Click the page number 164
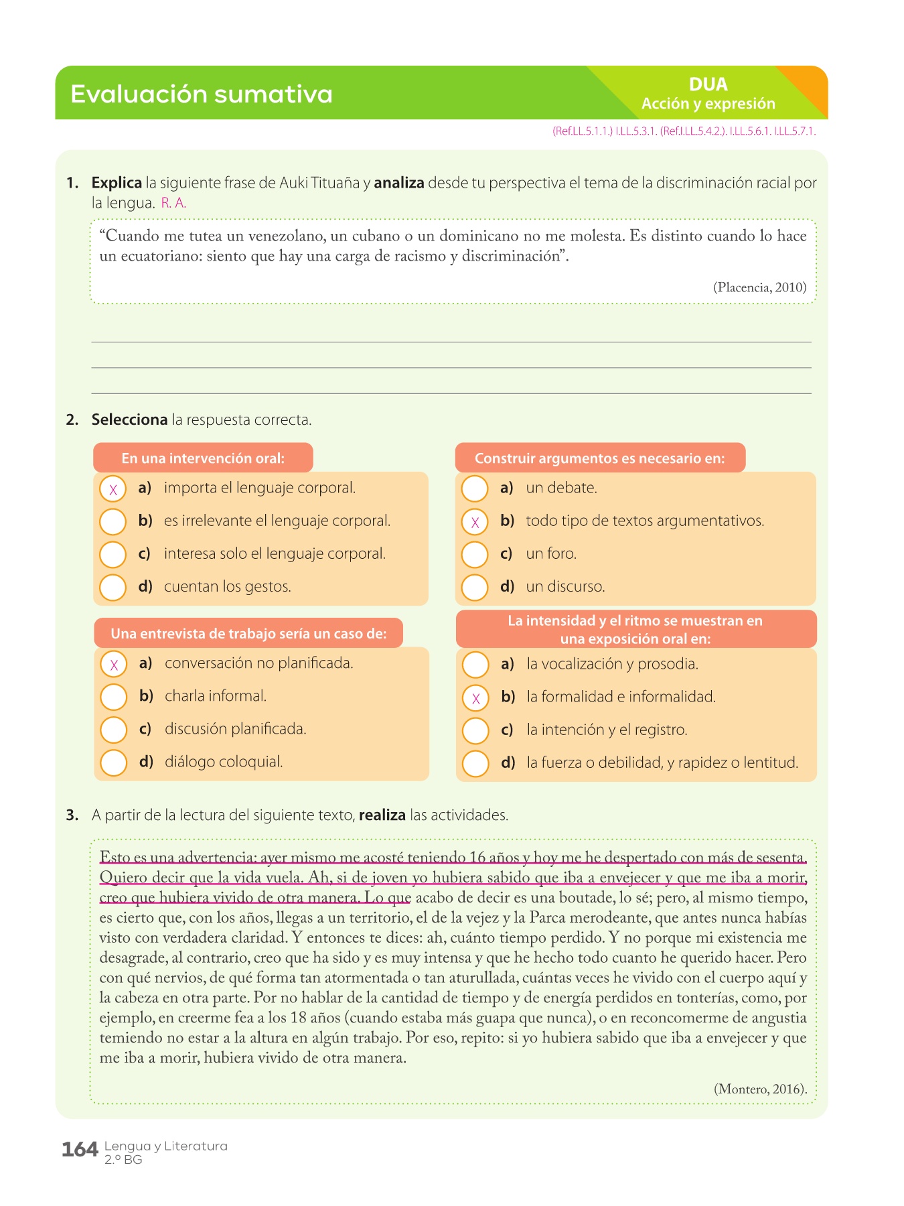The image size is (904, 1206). click(x=80, y=1150)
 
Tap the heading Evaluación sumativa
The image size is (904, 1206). click(x=201, y=94)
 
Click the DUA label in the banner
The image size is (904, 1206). click(x=708, y=84)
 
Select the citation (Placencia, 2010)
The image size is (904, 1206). click(x=759, y=287)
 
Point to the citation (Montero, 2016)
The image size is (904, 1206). click(x=760, y=1089)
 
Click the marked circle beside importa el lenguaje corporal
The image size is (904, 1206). click(x=113, y=489)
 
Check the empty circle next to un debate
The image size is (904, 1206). click(x=475, y=488)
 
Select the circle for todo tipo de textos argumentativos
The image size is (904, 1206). click(x=475, y=522)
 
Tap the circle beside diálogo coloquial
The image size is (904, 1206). click(x=114, y=762)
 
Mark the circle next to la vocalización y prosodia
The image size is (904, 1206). click(x=475, y=665)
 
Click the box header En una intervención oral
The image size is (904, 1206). click(x=203, y=458)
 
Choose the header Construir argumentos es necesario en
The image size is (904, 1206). click(x=599, y=458)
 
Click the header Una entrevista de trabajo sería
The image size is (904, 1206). click(x=248, y=634)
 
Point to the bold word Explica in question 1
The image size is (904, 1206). click(x=117, y=183)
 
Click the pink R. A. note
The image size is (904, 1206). click(x=173, y=203)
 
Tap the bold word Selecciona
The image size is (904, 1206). click(x=129, y=420)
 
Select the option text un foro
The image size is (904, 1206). click(x=550, y=554)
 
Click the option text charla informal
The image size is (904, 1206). click(x=216, y=696)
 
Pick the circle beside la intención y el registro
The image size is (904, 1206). click(x=475, y=730)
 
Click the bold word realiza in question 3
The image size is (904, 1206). click(x=382, y=815)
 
